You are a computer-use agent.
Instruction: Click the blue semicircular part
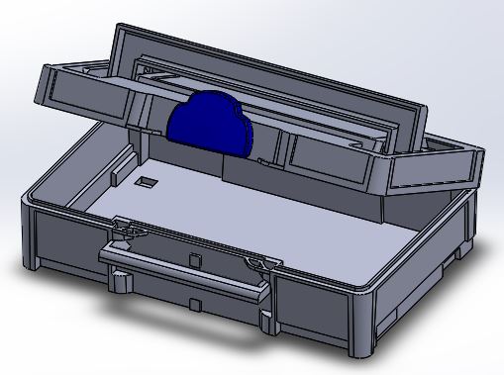pyautogui.click(x=211, y=125)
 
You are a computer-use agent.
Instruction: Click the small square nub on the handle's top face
pyautogui.click(x=195, y=258)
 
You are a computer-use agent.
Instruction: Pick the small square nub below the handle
pyautogui.click(x=199, y=300)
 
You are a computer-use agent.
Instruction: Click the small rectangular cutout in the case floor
pyautogui.click(x=147, y=182)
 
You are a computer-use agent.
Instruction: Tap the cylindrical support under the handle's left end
pyautogui.click(x=122, y=282)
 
